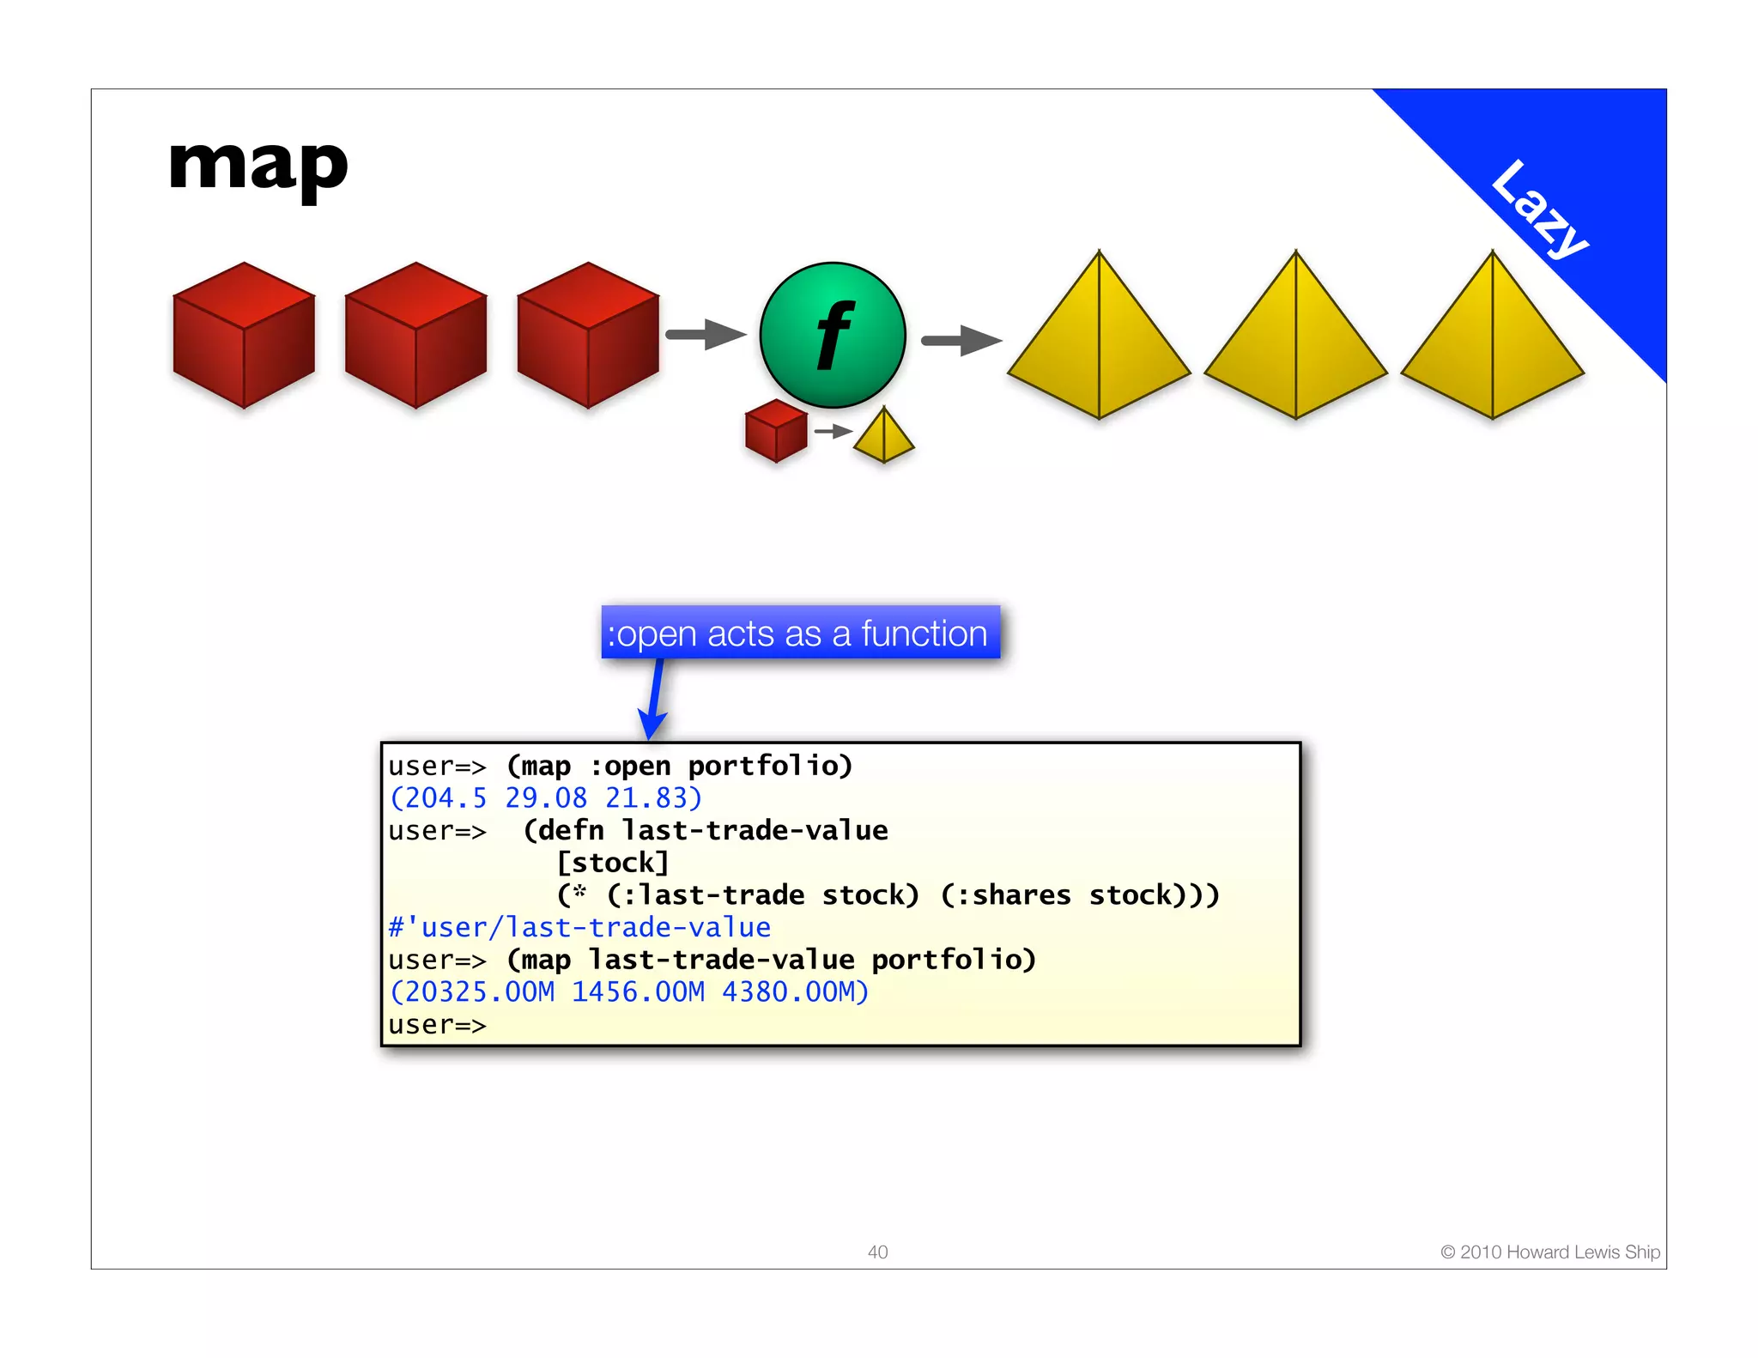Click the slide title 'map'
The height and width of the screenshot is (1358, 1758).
[x=258, y=167]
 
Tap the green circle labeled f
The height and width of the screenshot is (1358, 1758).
[x=832, y=335]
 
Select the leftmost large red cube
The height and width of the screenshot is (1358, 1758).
[x=244, y=336]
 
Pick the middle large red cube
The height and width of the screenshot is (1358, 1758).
[x=415, y=336]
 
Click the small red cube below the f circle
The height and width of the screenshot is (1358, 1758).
[x=776, y=431]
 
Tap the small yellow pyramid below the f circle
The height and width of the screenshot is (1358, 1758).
[x=883, y=436]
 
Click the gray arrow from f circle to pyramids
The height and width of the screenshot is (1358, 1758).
[x=961, y=341]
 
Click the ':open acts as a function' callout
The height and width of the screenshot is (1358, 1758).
[x=800, y=634]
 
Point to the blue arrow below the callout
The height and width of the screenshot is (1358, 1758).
[x=654, y=699]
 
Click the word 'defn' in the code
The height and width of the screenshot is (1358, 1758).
[x=571, y=831]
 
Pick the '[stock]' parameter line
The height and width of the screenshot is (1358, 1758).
[x=613, y=863]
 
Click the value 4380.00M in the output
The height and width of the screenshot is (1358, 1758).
[x=789, y=992]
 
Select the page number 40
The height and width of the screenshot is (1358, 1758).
[x=877, y=1252]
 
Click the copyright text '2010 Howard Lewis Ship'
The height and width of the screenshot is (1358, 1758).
[x=1550, y=1252]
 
